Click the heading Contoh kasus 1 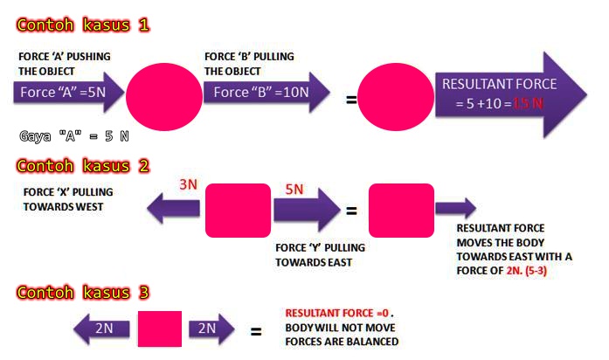pos(82,24)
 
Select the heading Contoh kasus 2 pos(82,165)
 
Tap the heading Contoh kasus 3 pos(82,292)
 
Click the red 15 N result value pos(529,103)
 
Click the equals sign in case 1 pos(351,99)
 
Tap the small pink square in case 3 pos(160,329)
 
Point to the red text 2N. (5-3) pos(532,272)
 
